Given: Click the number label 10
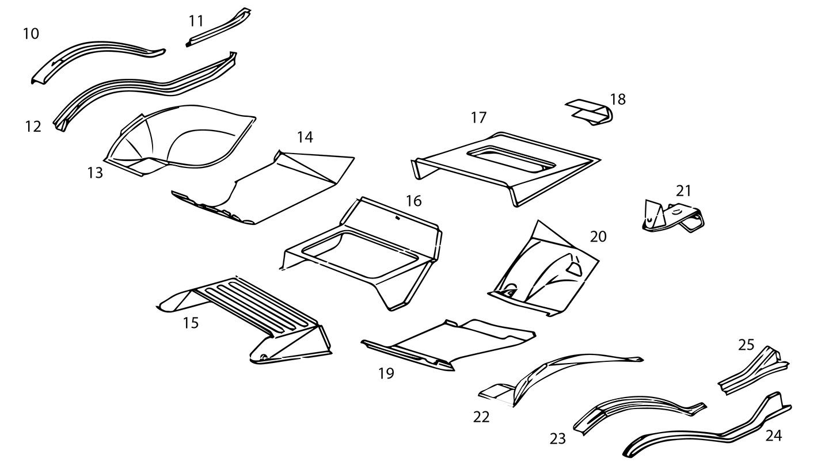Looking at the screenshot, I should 31,34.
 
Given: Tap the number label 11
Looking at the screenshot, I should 196,21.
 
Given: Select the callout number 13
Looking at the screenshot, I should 95,172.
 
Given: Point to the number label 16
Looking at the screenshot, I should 413,201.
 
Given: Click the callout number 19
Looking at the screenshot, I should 386,373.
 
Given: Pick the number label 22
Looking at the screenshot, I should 481,417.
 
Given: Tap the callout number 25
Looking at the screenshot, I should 746,345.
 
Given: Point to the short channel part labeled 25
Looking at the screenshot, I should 754,371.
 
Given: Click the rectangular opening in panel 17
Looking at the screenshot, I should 511,158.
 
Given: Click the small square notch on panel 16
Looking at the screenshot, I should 397,218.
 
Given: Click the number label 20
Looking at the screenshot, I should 598,236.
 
